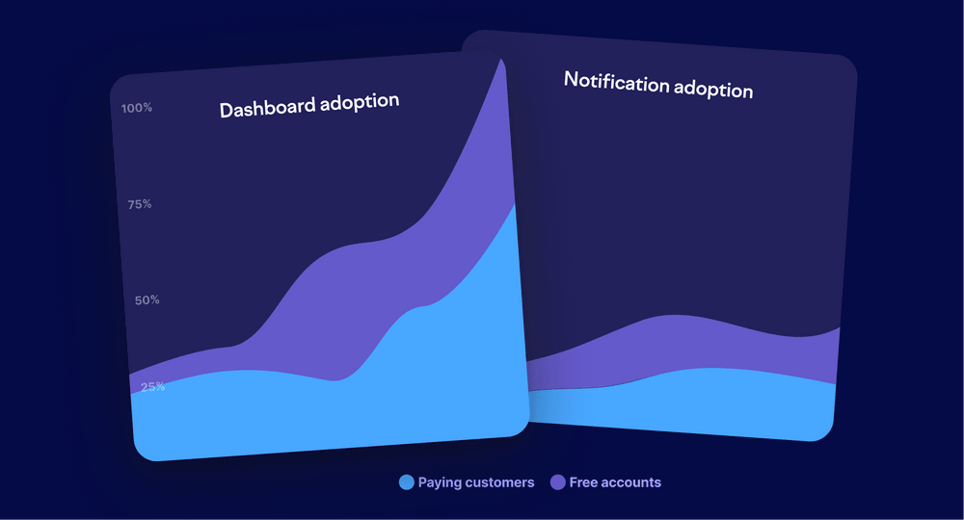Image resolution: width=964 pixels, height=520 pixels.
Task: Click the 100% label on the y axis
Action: coord(137,108)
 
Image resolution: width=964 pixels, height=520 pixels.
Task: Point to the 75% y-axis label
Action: coord(140,204)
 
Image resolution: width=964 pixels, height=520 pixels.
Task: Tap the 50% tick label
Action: coord(147,300)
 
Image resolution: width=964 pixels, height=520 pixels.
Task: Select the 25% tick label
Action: coord(152,387)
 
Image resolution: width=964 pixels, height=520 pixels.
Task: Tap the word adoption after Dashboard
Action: coord(354,101)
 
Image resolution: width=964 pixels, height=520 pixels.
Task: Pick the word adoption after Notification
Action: coord(713,90)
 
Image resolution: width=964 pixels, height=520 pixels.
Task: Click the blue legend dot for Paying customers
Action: coord(406,482)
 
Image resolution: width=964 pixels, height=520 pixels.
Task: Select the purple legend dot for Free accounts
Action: coord(557,482)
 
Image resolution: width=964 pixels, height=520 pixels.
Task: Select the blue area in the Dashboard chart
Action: coord(318,414)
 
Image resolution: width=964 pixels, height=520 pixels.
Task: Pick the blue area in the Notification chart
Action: coord(694,400)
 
